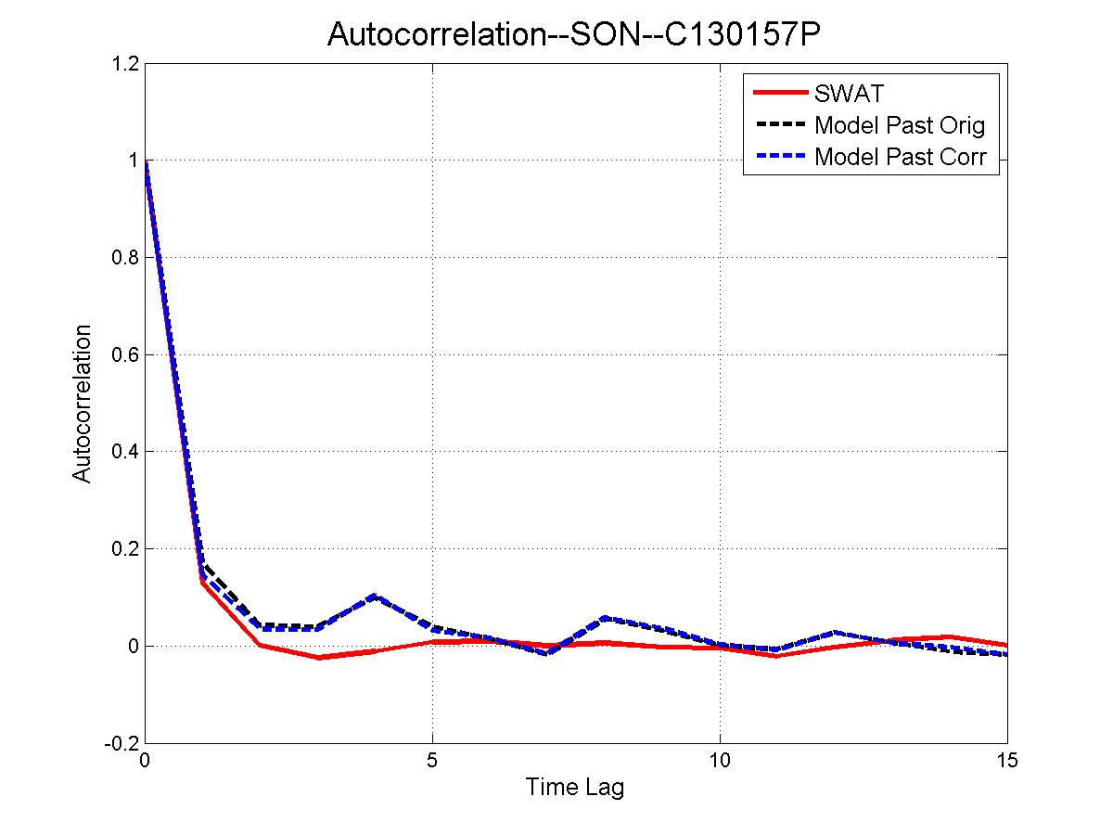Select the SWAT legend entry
pyautogui.click(x=849, y=93)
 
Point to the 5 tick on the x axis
pyautogui.click(x=432, y=761)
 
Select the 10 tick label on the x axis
pyautogui.click(x=720, y=761)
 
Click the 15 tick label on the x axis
pyautogui.click(x=1006, y=761)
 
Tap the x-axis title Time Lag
pyautogui.click(x=575, y=788)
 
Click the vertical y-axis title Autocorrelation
pyautogui.click(x=83, y=404)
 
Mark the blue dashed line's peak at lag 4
pyautogui.click(x=375, y=596)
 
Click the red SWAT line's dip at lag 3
pyautogui.click(x=317, y=657)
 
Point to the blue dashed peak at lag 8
pyautogui.click(x=605, y=617)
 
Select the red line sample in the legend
pyautogui.click(x=779, y=93)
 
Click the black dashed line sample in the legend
pyautogui.click(x=779, y=124)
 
